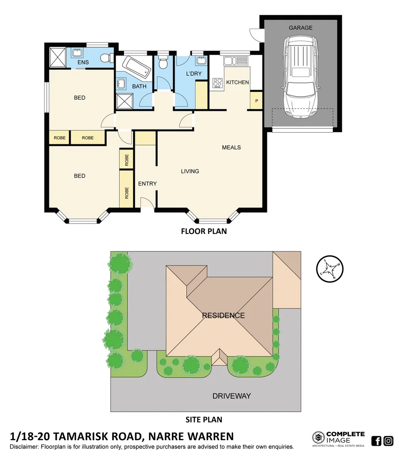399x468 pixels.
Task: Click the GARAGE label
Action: coord(301,28)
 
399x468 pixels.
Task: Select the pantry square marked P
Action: coord(256,101)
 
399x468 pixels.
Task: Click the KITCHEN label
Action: coord(238,82)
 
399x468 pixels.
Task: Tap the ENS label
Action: coord(83,62)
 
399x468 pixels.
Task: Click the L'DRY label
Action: coord(194,74)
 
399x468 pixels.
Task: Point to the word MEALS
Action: coord(231,147)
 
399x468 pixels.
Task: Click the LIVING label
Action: coord(190,171)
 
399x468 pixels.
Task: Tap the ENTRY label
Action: coord(147,184)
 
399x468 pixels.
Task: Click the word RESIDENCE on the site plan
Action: coord(223,315)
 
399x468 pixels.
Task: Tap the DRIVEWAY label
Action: coord(231,396)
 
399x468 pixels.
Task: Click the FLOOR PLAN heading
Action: coord(204,231)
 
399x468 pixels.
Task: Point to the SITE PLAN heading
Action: coord(204,419)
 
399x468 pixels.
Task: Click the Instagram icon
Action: coord(388,441)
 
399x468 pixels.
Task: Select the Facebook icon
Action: coord(377,441)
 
